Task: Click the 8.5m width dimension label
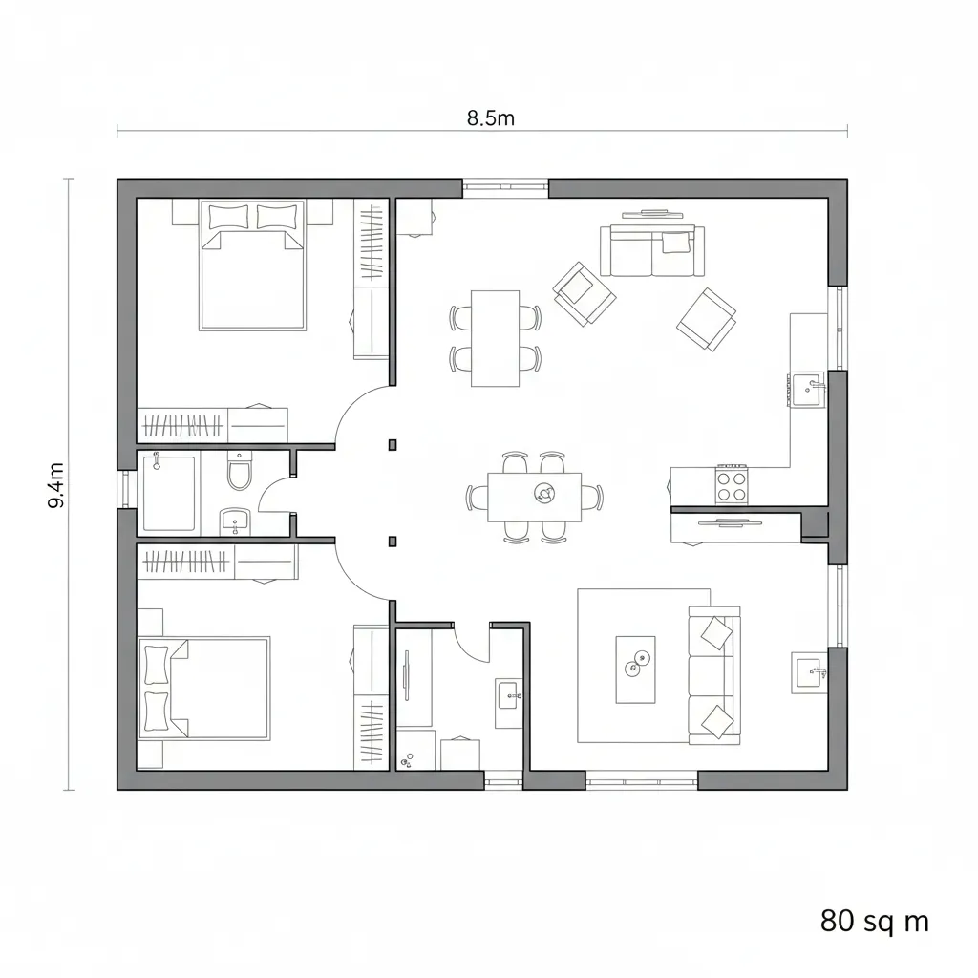point(490,118)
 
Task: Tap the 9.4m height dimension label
point(56,484)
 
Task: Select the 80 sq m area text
point(874,921)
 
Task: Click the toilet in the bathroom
point(238,472)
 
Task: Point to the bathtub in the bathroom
point(169,493)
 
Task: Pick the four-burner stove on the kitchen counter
point(733,482)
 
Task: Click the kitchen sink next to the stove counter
point(807,389)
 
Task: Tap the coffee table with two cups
point(635,669)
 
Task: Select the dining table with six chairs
point(534,497)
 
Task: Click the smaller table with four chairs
point(495,338)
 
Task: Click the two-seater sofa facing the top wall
point(652,250)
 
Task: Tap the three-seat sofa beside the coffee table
point(713,676)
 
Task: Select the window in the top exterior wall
point(505,188)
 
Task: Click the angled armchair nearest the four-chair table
point(583,292)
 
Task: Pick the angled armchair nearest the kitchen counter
point(707,319)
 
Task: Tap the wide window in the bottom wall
point(641,781)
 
